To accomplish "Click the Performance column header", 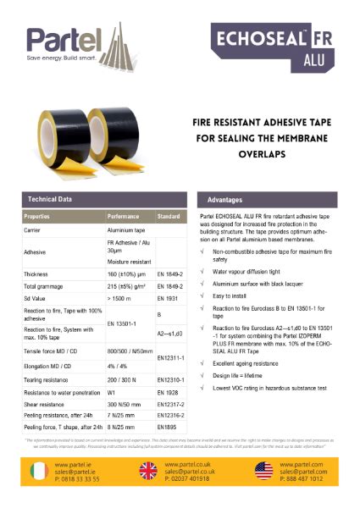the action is [x=123, y=217].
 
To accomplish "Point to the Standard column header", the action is [x=169, y=217].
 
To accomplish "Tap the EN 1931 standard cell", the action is [x=168, y=299].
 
